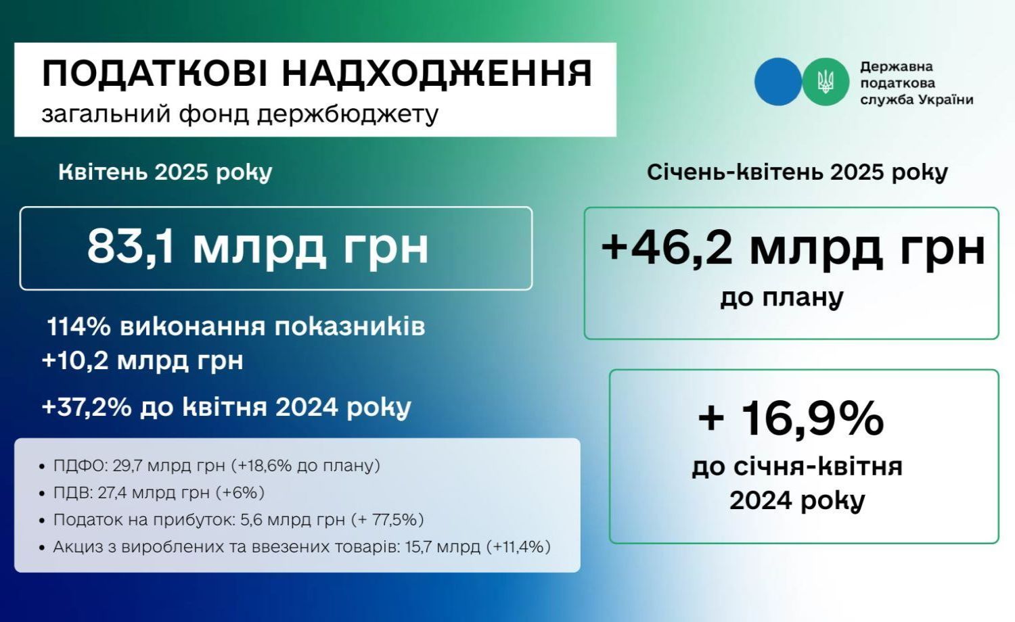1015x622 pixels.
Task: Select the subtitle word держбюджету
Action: point(348,114)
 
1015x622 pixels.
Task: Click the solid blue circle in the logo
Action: point(778,82)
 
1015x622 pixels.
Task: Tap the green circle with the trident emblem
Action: point(825,82)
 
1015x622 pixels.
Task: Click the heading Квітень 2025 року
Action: point(165,172)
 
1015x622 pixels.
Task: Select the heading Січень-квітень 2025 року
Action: point(798,172)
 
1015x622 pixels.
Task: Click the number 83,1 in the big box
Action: point(131,247)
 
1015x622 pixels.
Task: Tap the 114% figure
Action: point(79,327)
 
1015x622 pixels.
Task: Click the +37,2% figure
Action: point(87,407)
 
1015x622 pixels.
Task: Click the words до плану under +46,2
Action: point(782,298)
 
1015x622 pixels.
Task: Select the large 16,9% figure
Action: point(813,418)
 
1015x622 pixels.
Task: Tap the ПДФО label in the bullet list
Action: point(80,465)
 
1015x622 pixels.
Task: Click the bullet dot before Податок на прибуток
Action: point(42,521)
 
